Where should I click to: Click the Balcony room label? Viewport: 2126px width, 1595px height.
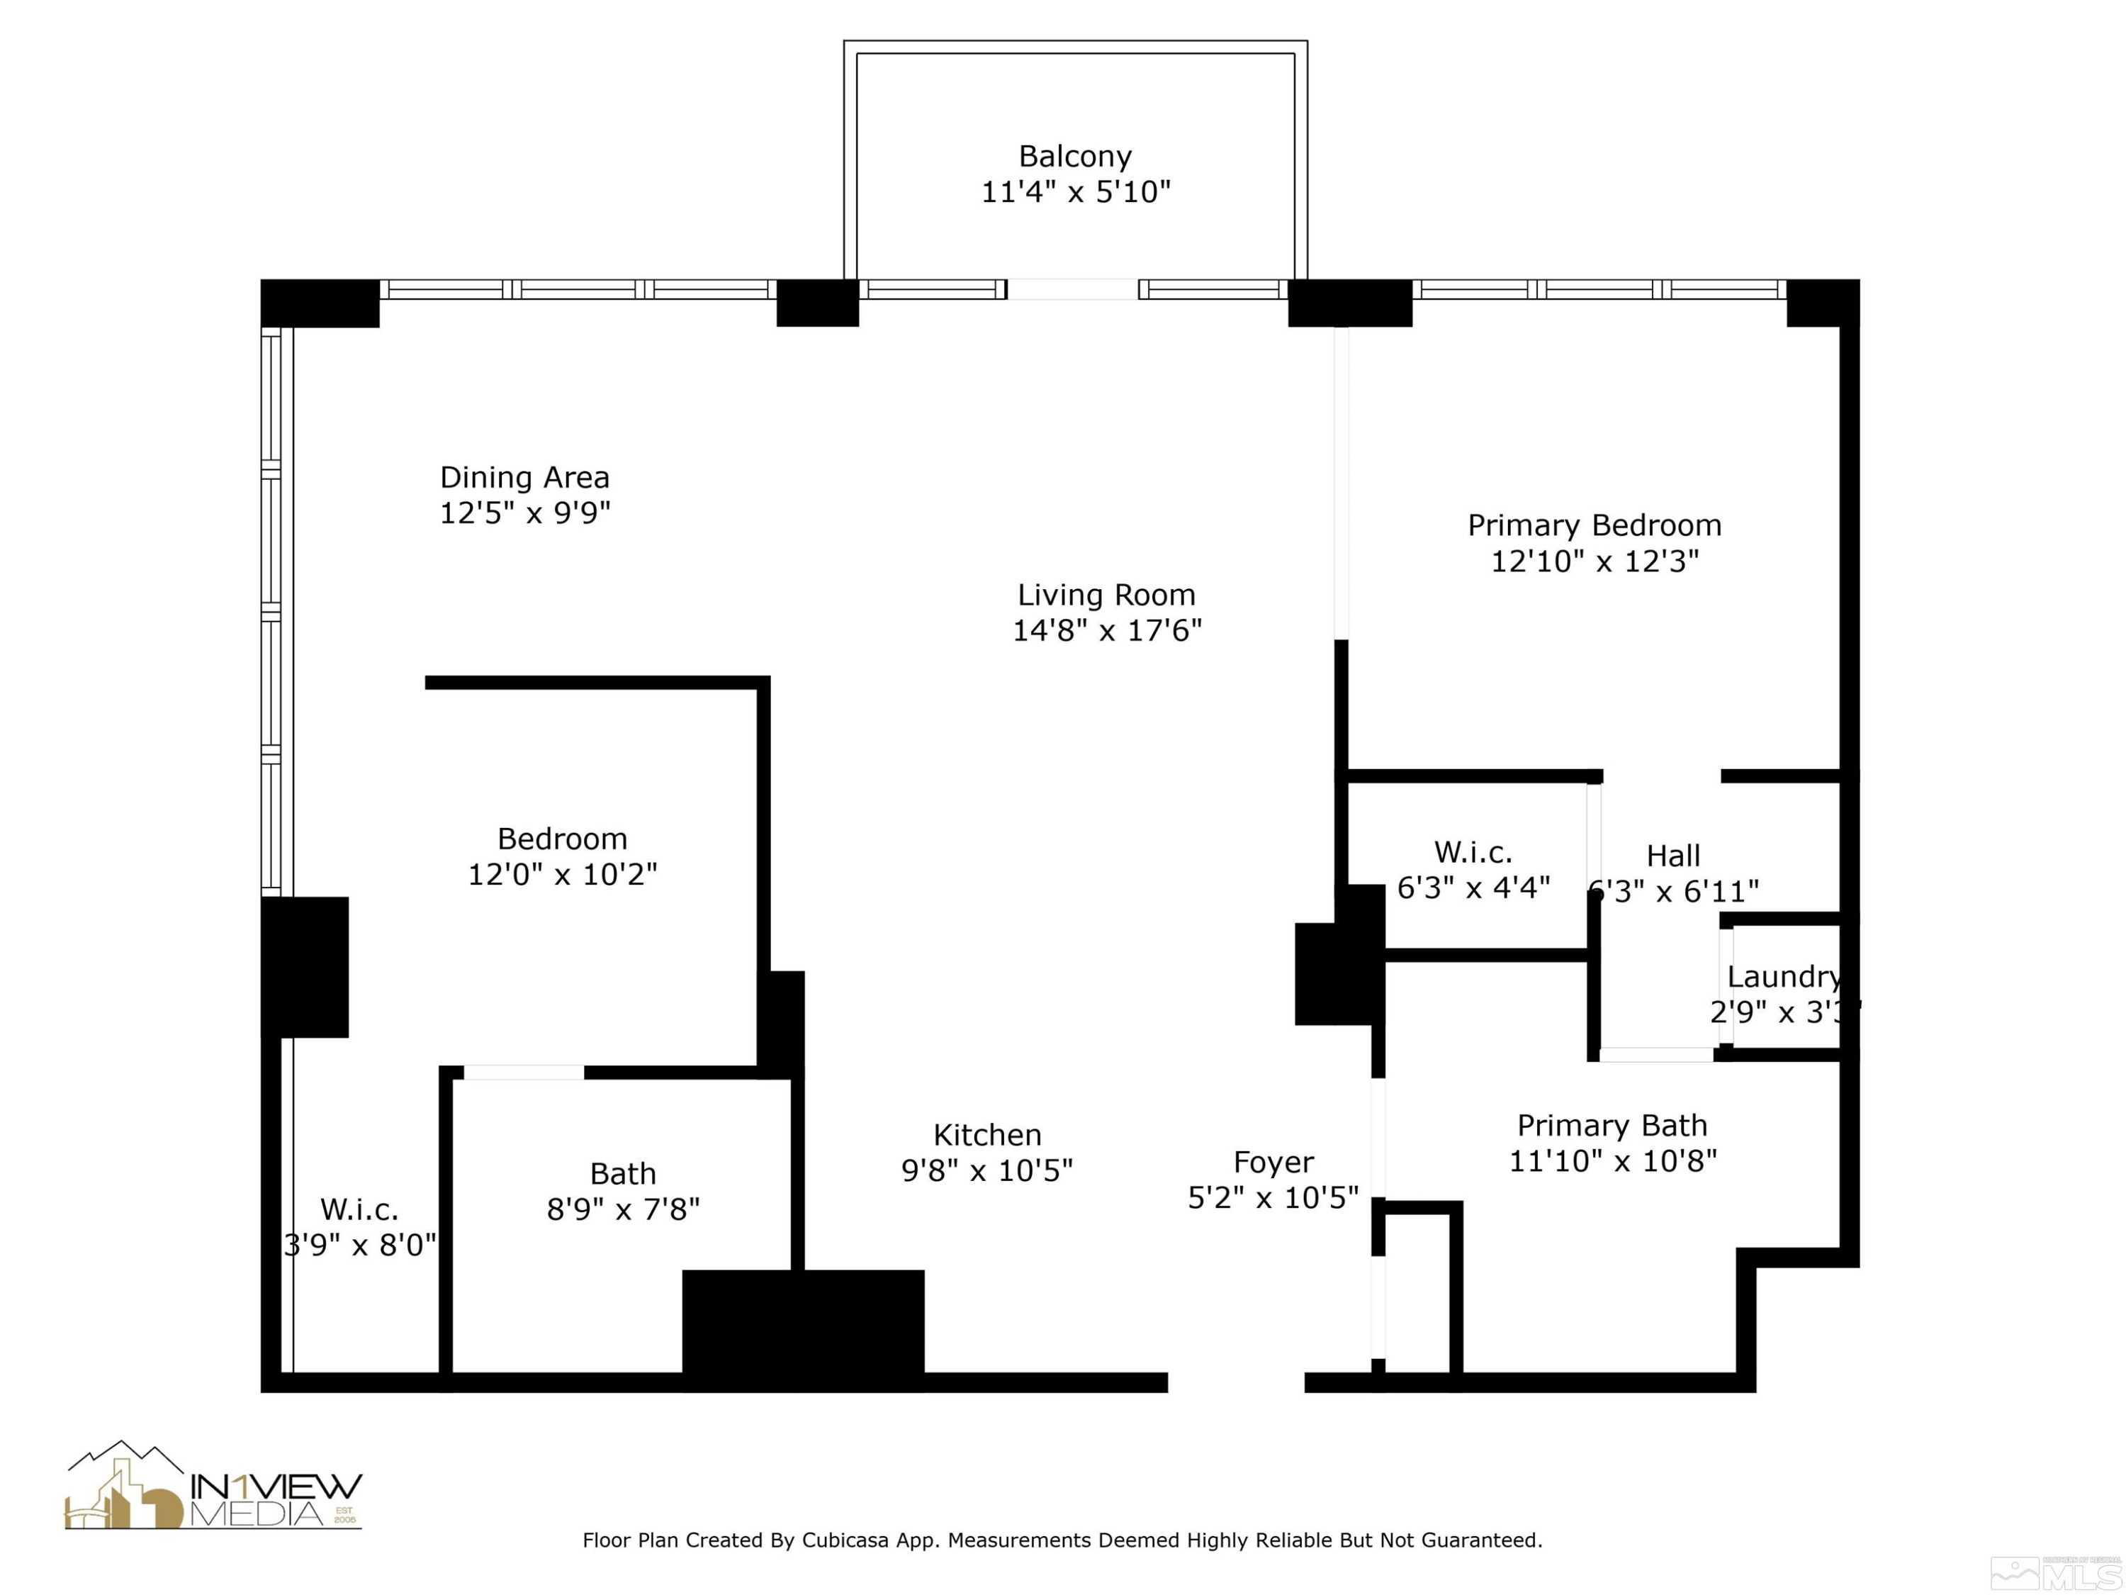tap(1074, 156)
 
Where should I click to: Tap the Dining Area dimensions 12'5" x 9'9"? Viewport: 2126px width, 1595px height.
tap(525, 513)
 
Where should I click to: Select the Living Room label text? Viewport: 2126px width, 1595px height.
tap(1106, 595)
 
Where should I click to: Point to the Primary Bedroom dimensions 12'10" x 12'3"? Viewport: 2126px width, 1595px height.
tap(1594, 561)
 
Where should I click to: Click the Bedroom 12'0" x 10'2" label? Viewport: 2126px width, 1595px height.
tap(562, 856)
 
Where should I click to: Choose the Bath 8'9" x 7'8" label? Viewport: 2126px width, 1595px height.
tap(623, 1190)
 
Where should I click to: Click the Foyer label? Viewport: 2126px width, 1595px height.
tap(1273, 1163)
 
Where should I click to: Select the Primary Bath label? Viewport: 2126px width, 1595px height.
tap(1612, 1125)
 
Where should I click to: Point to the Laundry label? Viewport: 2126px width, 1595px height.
tap(1783, 977)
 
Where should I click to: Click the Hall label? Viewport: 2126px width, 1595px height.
tap(1673, 856)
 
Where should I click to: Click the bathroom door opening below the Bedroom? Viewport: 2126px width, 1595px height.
tap(524, 1072)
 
